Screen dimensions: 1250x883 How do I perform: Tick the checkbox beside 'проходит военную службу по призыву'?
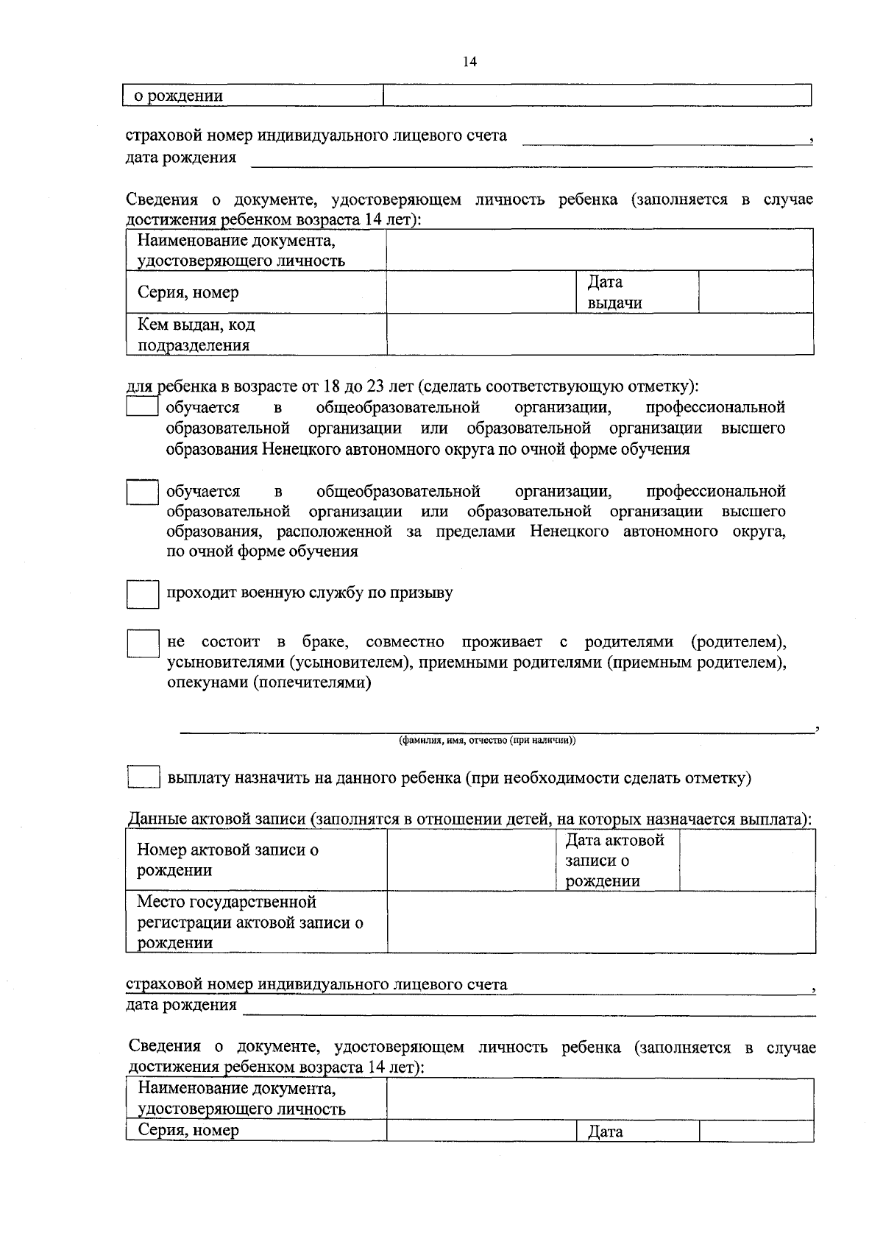[x=143, y=594]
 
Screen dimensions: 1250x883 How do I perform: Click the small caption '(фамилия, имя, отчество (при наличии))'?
[x=486, y=741]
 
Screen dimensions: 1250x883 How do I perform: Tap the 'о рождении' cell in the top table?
[x=253, y=96]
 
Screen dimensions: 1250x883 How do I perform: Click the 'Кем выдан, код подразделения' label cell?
[x=255, y=334]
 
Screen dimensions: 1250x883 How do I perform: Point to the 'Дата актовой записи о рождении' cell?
[x=617, y=861]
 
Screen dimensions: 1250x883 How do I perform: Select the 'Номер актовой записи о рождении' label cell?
[x=255, y=861]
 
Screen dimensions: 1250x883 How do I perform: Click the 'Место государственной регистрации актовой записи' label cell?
[x=255, y=922]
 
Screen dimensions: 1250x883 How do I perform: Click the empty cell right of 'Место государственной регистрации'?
[x=600, y=922]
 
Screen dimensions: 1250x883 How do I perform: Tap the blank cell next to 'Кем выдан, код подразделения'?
[x=600, y=334]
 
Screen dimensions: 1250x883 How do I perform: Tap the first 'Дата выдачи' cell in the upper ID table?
[x=636, y=292]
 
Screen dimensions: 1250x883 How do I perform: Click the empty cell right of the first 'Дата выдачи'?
[x=755, y=292]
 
